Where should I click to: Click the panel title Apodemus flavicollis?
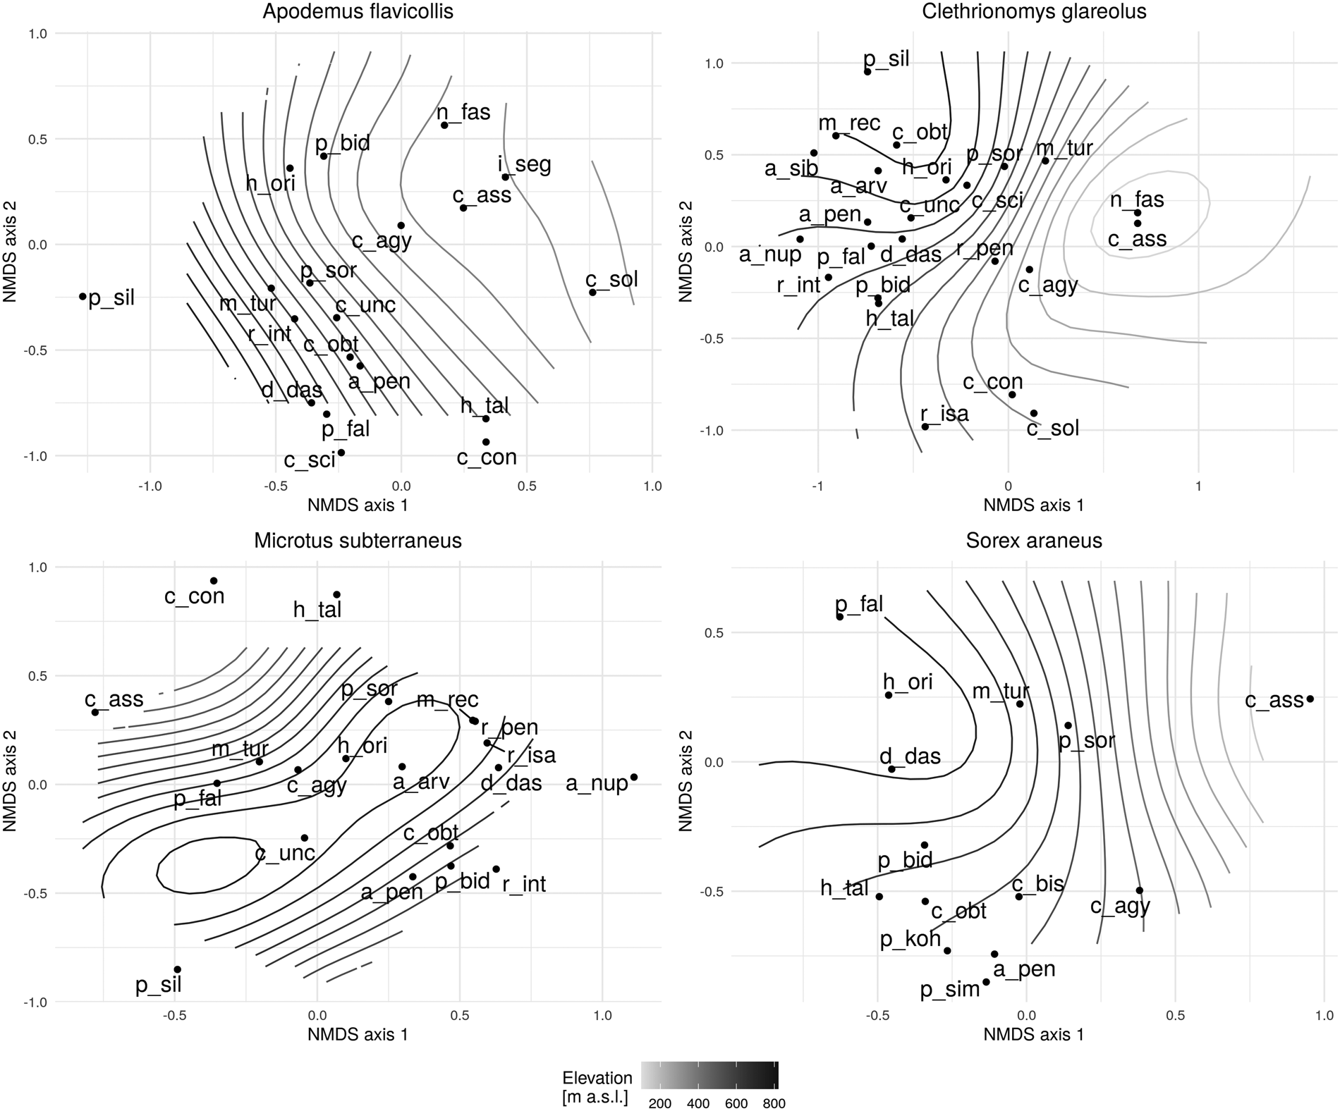point(358,12)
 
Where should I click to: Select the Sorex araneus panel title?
point(1034,541)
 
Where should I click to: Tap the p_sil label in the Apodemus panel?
point(111,298)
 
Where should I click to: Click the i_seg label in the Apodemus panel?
point(524,165)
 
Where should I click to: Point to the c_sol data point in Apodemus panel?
point(592,293)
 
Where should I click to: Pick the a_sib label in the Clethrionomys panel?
point(791,169)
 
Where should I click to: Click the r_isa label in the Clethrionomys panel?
point(944,414)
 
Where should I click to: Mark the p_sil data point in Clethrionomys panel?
point(867,71)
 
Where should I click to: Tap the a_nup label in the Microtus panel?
point(597,784)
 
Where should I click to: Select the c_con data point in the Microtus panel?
point(214,581)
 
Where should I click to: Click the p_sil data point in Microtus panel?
point(178,969)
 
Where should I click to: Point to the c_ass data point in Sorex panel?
point(1310,699)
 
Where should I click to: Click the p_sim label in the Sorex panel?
point(950,990)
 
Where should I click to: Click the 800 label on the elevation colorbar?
point(774,1103)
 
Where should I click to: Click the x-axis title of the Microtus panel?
point(358,1035)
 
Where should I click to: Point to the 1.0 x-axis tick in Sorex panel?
point(1324,1015)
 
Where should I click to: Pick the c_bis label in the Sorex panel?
point(1037,884)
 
